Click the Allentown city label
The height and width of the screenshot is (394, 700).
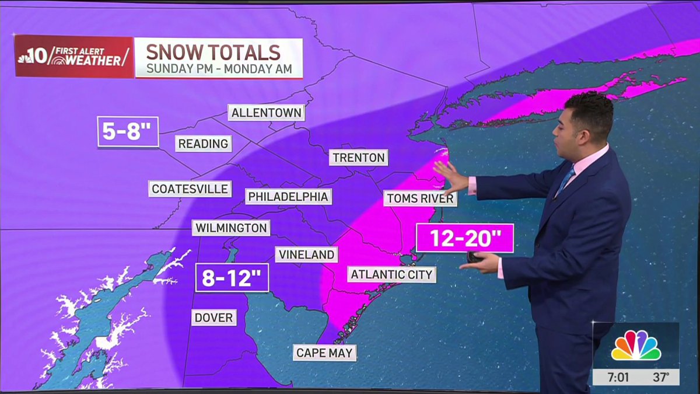[266, 112]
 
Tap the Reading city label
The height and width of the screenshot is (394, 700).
[203, 144]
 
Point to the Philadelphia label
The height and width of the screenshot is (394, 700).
[288, 196]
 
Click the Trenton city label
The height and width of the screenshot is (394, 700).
[358, 158]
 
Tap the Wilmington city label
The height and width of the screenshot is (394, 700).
[232, 228]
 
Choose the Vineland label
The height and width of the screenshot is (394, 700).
[306, 254]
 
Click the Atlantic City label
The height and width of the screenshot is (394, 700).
[391, 274]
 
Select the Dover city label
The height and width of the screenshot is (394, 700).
[214, 318]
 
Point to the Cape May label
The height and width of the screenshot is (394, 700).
[324, 353]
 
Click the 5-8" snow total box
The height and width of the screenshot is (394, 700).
[128, 131]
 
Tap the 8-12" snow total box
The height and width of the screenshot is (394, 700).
[232, 278]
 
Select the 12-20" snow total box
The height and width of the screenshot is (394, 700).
[464, 238]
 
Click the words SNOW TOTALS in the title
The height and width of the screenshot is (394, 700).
[213, 53]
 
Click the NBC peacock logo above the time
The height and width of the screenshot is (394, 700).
[636, 346]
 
